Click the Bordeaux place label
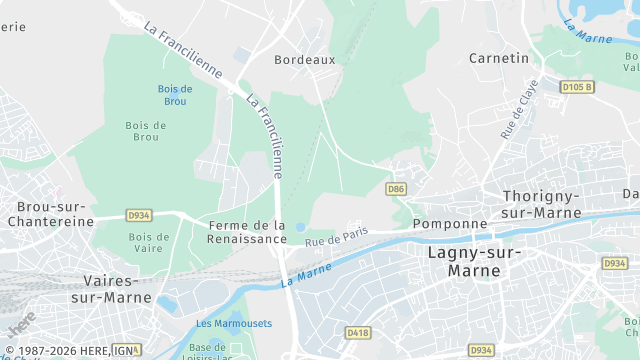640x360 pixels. tap(305, 60)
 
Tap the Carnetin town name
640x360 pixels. tap(499, 58)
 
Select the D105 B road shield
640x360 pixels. tap(577, 87)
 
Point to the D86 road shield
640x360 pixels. tap(396, 188)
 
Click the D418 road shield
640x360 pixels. tap(357, 331)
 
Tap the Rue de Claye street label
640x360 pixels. tap(517, 111)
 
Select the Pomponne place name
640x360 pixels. tap(449, 224)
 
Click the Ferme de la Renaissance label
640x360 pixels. tap(247, 232)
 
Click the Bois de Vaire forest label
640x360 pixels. tap(148, 243)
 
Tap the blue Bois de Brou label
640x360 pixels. tap(174, 95)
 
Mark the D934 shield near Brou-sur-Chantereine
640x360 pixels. tap(138, 215)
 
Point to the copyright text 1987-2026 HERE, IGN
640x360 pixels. tap(68, 350)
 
